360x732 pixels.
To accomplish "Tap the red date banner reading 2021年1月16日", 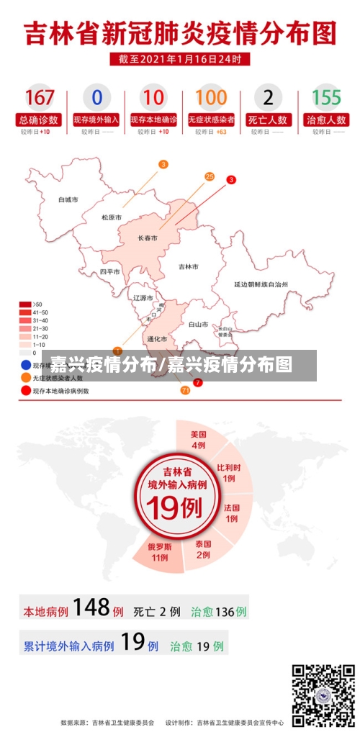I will (x=180, y=59).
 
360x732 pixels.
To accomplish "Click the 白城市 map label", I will (x=68, y=199).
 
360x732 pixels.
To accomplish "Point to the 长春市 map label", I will (x=148, y=238).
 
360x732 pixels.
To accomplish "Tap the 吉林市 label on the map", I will (x=188, y=266).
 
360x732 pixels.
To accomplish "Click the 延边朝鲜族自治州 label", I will (x=261, y=285).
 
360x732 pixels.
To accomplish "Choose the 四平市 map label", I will (x=109, y=272).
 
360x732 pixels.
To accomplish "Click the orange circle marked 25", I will (x=210, y=176).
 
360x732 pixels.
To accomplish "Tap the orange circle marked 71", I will (x=185, y=389).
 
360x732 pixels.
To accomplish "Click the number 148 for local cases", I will (x=91, y=608).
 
